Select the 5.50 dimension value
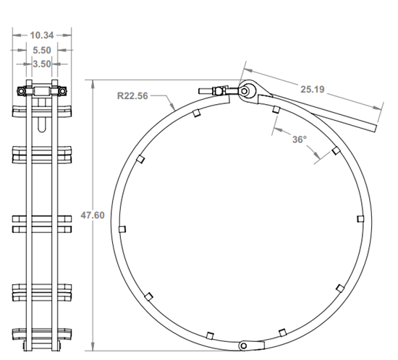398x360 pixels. coord(42,50)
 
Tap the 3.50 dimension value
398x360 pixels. coord(42,64)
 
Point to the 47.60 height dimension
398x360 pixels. coord(88,215)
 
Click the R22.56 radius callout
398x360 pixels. coord(132,95)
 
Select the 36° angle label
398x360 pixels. coord(300,140)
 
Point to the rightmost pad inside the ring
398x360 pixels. coord(360,218)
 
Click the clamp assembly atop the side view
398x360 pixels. coord(42,92)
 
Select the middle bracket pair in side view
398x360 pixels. coord(42,223)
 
